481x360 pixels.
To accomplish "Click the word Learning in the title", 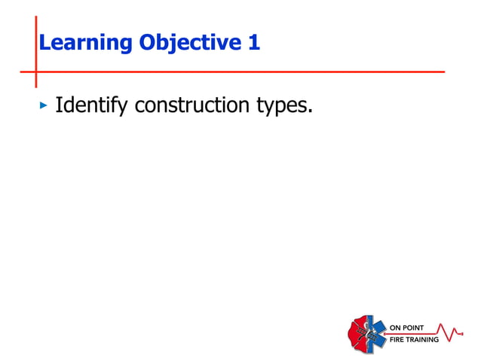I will click(x=84, y=44).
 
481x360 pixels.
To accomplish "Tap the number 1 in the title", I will click(x=254, y=43).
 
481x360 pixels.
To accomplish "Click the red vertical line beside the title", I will click(x=35, y=30).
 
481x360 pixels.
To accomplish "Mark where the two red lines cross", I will click(x=35, y=72).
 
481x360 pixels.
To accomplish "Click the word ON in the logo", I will click(x=396, y=328).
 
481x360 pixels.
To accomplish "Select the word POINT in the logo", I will click(x=414, y=328).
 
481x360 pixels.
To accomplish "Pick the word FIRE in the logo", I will click(x=397, y=340).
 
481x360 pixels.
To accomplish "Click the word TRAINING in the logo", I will click(x=423, y=340).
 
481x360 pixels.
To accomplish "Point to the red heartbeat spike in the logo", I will click(x=453, y=332).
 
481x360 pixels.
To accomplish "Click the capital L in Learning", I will click(x=44, y=44).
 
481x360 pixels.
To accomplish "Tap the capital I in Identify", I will click(x=59, y=105).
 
